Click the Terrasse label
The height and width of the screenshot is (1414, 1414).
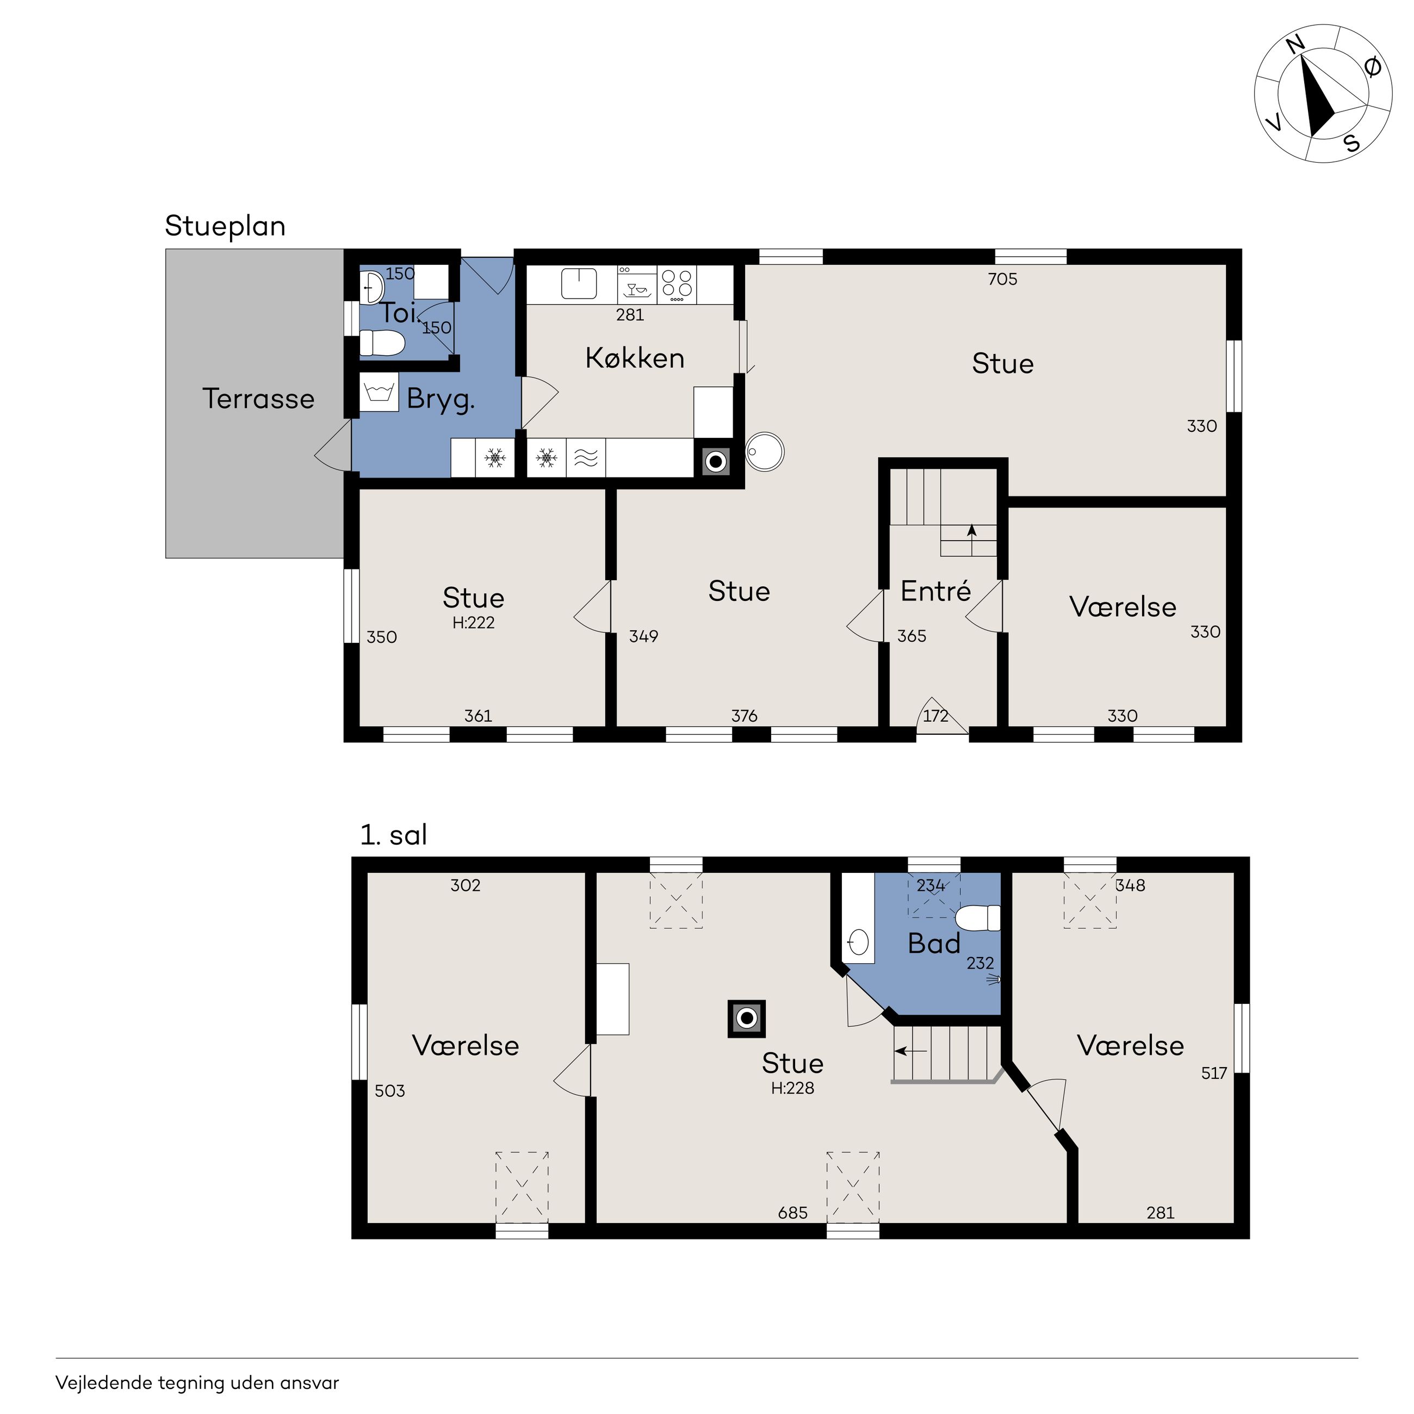(258, 399)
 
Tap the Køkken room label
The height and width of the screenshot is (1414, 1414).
(635, 358)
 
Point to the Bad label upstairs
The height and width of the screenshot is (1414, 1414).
(934, 944)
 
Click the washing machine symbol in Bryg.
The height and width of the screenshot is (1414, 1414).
(379, 392)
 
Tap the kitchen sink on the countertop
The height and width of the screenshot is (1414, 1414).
(579, 283)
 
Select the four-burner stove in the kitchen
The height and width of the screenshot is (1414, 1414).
(677, 284)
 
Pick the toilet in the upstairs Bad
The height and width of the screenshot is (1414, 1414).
(978, 918)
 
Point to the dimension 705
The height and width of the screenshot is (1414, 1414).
(1003, 279)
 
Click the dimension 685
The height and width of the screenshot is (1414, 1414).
(792, 1213)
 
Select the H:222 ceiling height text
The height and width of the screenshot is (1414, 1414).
(474, 623)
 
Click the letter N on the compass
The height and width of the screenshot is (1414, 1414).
(1295, 45)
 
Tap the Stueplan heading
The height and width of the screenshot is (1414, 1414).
(225, 226)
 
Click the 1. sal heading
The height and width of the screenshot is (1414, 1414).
(394, 834)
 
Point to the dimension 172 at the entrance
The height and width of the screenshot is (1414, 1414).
(935, 715)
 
